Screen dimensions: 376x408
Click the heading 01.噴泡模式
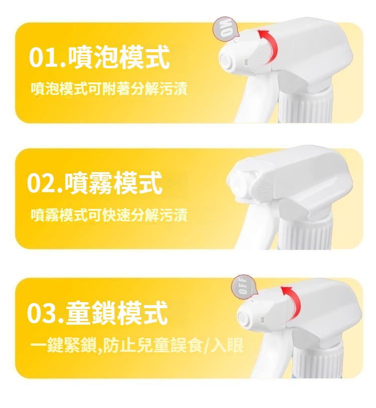99,57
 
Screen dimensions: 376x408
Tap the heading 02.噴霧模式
95,183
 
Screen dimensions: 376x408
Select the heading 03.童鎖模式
97,312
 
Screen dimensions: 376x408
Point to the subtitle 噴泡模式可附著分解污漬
109,88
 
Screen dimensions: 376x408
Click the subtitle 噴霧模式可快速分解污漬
109,215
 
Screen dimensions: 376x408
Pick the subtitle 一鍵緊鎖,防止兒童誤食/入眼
137,345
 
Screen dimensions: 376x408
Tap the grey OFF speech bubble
244,286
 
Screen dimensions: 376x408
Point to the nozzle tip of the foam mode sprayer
225,60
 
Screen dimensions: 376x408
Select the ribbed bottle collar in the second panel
305,233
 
